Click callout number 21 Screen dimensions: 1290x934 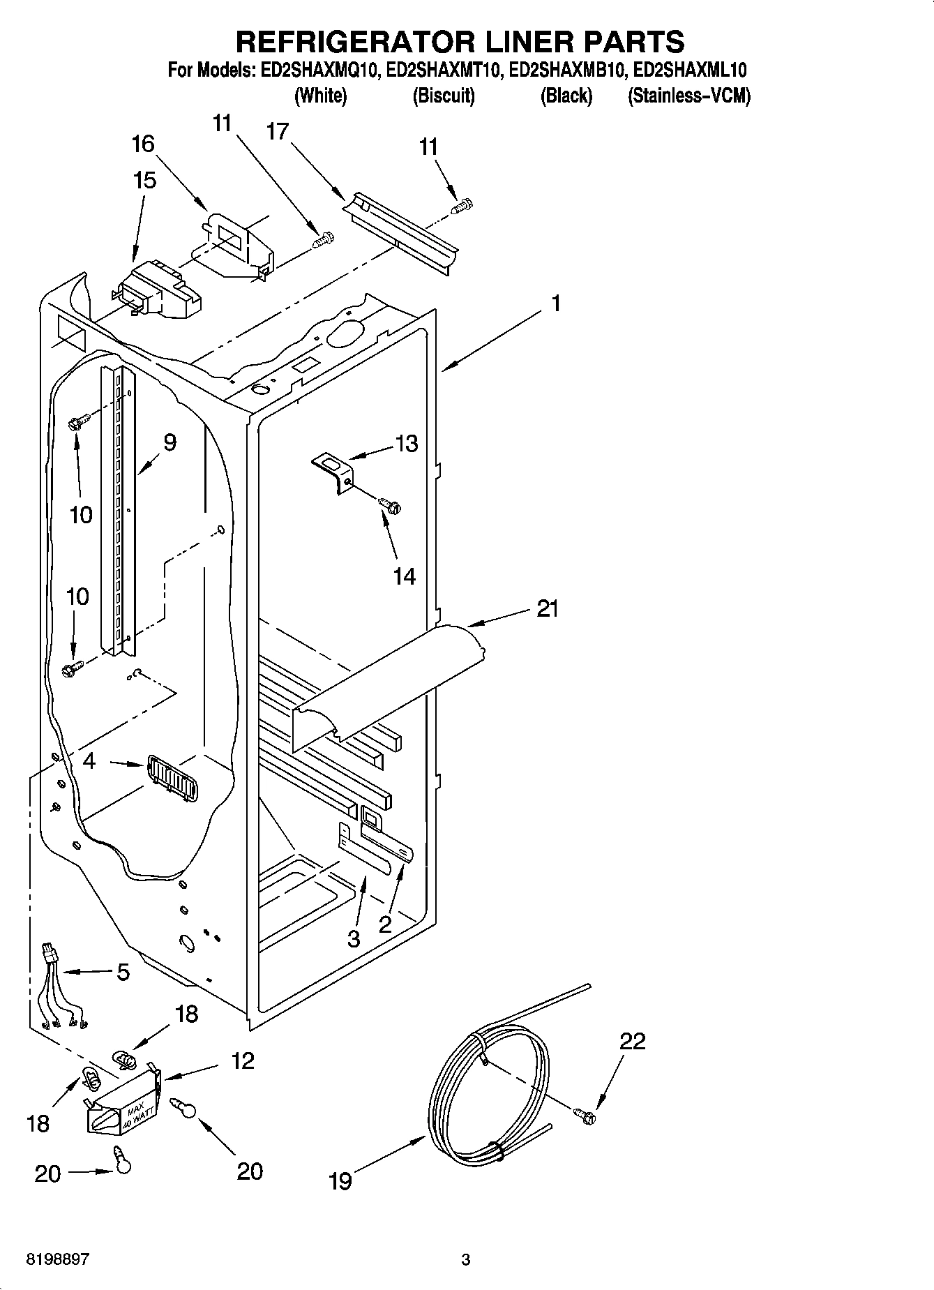tap(548, 608)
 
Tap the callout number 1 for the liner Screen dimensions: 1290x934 tap(556, 304)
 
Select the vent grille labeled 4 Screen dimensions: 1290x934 tap(172, 779)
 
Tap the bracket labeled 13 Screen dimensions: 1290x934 tap(333, 471)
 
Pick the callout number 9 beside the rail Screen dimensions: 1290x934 tap(170, 442)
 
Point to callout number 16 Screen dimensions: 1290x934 tap(143, 144)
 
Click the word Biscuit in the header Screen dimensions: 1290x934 tap(443, 96)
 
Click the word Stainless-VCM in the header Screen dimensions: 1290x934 tap(689, 96)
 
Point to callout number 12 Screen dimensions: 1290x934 tap(242, 1061)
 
